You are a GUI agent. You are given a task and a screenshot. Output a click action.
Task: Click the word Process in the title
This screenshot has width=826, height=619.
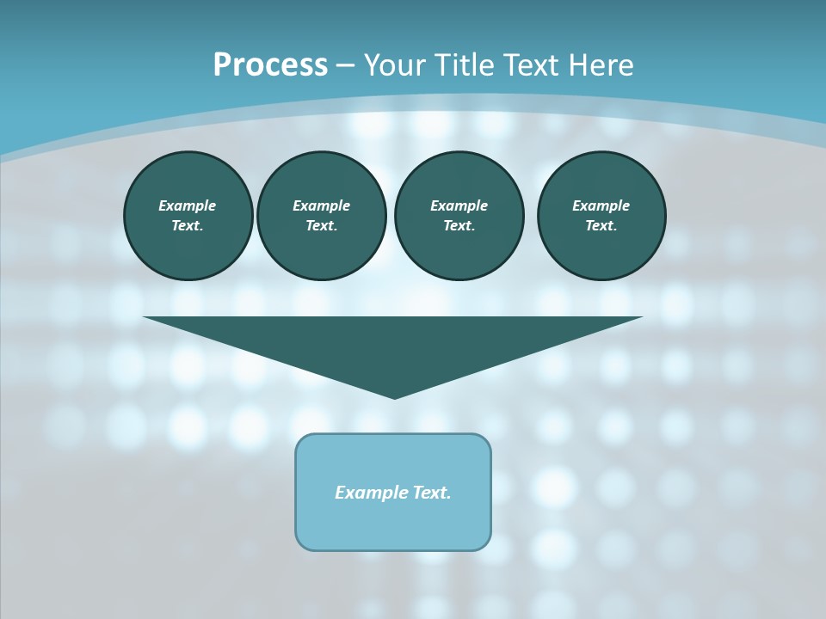(x=270, y=64)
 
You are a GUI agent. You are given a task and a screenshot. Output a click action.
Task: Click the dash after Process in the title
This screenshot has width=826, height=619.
(x=346, y=65)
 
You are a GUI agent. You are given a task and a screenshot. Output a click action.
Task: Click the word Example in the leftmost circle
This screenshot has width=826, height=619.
(x=188, y=205)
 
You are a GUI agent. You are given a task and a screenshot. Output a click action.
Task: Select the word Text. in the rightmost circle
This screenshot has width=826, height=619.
(x=601, y=225)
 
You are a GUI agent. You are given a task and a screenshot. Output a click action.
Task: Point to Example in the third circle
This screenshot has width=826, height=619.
(x=459, y=205)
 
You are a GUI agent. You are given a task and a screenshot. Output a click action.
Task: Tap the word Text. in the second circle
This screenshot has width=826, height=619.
(x=322, y=225)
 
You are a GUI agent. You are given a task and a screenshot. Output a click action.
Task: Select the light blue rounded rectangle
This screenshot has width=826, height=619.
(x=393, y=525)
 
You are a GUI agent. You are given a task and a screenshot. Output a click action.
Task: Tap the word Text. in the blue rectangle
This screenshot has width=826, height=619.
(x=432, y=493)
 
